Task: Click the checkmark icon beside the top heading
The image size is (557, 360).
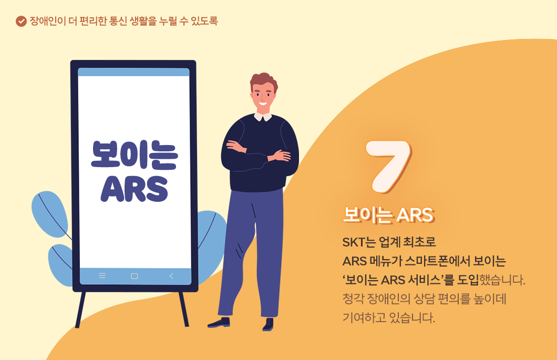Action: (21, 22)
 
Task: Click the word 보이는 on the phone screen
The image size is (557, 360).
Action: (135, 153)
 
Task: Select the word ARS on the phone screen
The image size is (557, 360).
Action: (135, 188)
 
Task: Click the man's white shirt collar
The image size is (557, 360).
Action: (263, 116)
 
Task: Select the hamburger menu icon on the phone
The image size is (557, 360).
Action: (102, 275)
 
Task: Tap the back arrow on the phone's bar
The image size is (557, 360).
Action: (171, 275)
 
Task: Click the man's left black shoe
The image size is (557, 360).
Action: (219, 323)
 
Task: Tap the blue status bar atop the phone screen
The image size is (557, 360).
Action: (133, 72)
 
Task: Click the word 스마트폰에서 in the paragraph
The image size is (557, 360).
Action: (443, 261)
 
